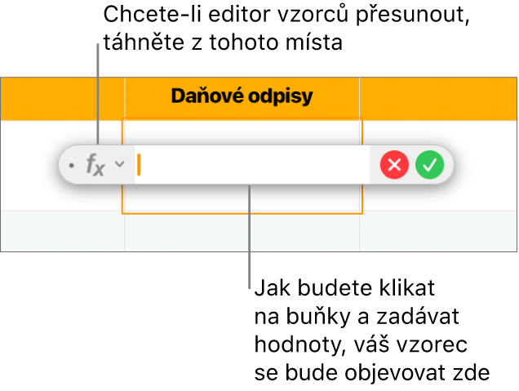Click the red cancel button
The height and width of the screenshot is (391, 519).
394,165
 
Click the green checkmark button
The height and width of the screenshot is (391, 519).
430,165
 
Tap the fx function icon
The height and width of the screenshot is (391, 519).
95,165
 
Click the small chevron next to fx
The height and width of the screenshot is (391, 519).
119,163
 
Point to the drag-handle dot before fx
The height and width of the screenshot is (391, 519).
71,165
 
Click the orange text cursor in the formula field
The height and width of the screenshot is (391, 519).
139,165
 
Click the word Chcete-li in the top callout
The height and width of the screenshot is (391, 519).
153,15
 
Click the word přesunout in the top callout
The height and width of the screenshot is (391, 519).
412,16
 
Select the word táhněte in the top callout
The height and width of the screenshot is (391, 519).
144,42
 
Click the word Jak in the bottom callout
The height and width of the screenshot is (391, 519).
273,288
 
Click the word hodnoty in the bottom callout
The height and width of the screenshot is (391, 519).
296,345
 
